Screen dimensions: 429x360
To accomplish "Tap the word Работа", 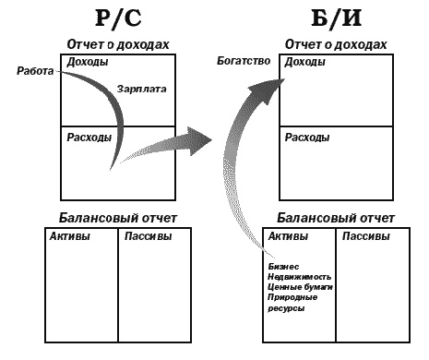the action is [x=35, y=70].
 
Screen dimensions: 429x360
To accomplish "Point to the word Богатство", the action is [x=244, y=62].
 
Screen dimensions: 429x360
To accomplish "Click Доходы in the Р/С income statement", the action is [x=87, y=62].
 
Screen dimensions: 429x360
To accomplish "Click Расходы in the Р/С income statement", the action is [x=89, y=138].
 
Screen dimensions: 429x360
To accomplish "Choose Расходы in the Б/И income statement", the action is [x=307, y=138].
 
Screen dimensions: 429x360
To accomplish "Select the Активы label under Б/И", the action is [x=287, y=235].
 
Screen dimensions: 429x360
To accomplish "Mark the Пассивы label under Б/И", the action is [x=366, y=235].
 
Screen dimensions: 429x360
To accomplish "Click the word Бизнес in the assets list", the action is [x=282, y=266].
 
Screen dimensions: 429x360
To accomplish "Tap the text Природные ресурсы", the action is [x=291, y=303].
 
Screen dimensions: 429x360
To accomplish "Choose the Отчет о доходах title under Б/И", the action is [x=336, y=43].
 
